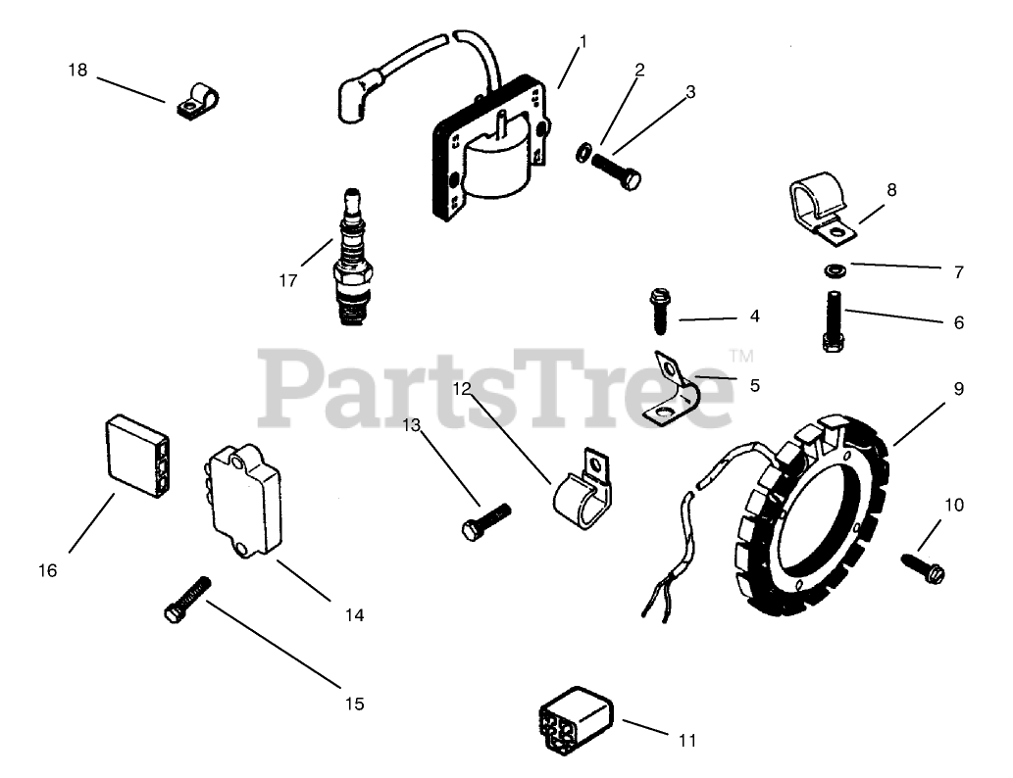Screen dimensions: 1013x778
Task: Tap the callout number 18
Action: click(x=77, y=71)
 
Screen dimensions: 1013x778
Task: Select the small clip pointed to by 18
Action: click(x=199, y=101)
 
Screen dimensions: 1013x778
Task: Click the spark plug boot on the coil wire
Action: click(x=351, y=96)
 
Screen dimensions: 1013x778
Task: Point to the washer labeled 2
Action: click(x=582, y=152)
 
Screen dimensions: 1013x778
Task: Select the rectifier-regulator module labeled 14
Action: click(x=243, y=500)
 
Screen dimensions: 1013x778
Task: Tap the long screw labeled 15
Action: click(x=187, y=599)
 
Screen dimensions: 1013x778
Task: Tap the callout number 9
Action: click(x=958, y=389)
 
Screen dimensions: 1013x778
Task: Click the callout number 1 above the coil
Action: click(x=582, y=41)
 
